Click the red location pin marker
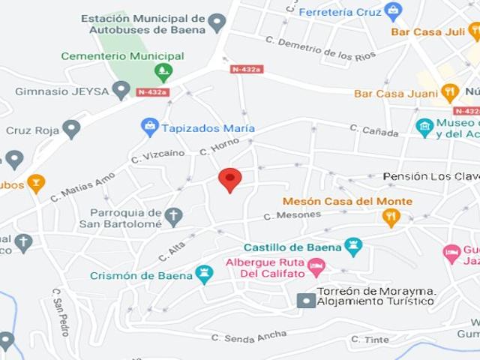229,179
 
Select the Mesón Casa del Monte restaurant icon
391,217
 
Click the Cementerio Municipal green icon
163,72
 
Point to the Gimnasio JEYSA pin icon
121,91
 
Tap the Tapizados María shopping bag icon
150,127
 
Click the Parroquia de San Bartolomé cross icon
173,217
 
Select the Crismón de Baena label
141,275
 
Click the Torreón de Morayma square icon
306,301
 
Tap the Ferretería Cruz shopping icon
393,11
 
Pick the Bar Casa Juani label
396,93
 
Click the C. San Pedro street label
60,311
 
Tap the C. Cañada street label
373,130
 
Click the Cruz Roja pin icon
71,129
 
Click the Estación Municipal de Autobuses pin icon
217,23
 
